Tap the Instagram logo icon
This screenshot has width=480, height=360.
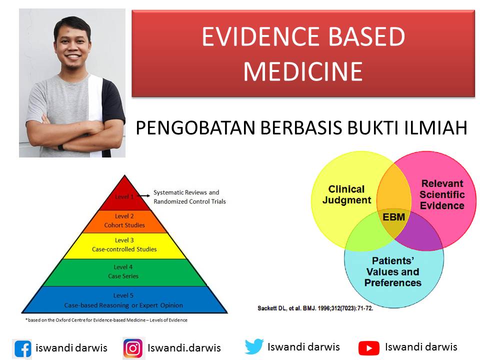pos(133,348)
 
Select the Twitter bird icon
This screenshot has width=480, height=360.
pos(254,346)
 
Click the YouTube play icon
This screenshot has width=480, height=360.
pos(369,347)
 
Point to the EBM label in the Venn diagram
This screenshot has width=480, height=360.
pos(393,217)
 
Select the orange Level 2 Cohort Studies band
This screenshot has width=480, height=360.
pos(124,221)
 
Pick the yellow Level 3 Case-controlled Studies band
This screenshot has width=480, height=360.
pos(124,245)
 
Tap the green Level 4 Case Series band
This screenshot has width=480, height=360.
pos(123,271)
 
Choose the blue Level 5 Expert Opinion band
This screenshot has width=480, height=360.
pos(123,300)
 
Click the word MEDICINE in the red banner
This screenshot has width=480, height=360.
pos(303,71)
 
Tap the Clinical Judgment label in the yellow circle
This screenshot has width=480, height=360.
pos(346,195)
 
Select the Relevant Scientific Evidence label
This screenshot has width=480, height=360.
pos(442,194)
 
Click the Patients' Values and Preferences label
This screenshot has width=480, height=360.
pos(393,271)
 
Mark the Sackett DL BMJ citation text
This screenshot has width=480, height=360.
pos(315,307)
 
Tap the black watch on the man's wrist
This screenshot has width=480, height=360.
pos(61,147)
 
